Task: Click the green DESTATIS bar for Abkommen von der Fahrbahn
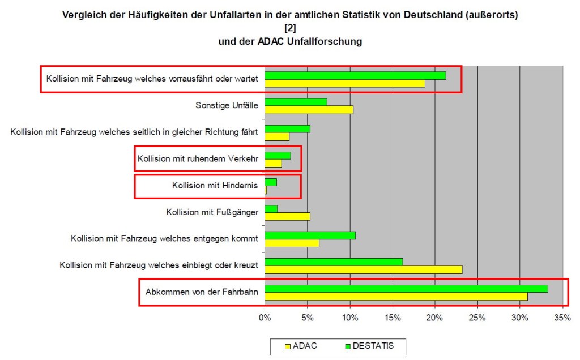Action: pyautogui.click(x=406, y=289)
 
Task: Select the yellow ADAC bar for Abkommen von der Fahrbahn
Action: pyautogui.click(x=396, y=296)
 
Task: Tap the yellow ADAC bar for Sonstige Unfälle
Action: pyautogui.click(x=309, y=110)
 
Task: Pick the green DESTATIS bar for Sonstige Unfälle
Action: pyautogui.click(x=296, y=102)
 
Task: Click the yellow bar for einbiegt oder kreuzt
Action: pyautogui.click(x=363, y=269)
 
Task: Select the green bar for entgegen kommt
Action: pyautogui.click(x=310, y=235)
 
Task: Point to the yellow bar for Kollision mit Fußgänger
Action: pyautogui.click(x=287, y=216)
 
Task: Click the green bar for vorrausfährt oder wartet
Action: pyautogui.click(x=355, y=75)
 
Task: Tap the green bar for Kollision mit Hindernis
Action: pyautogui.click(x=271, y=182)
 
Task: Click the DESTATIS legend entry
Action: pyautogui.click(x=369, y=345)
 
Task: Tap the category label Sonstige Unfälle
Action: pyautogui.click(x=227, y=105)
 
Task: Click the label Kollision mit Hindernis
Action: pyautogui.click(x=215, y=185)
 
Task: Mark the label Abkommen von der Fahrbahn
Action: pyautogui.click(x=202, y=292)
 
